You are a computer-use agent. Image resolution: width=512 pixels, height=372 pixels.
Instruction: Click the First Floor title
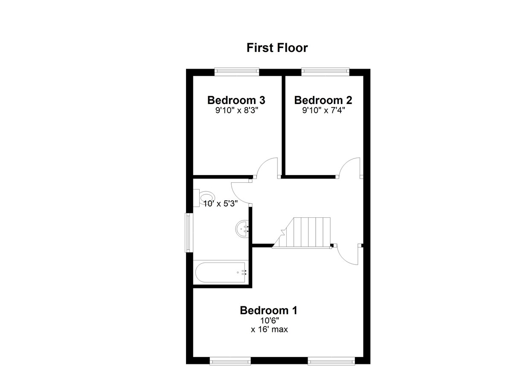coord(277,48)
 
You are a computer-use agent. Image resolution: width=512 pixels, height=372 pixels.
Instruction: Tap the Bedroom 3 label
coord(236,100)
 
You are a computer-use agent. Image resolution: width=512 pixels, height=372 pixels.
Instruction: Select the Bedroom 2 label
coord(323,100)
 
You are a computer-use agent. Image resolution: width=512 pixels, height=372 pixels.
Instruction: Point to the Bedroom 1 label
coord(268,310)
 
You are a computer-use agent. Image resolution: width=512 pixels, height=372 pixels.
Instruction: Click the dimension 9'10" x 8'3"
coord(236,110)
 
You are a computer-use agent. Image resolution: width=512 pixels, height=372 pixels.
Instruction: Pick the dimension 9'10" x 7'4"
coord(323,110)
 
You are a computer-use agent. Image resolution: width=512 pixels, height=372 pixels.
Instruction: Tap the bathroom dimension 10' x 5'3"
coord(221,203)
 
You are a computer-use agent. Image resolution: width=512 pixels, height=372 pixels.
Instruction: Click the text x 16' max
coord(269,329)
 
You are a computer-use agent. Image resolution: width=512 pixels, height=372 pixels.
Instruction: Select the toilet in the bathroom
coord(204,198)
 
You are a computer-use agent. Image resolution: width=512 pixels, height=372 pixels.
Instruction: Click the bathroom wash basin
coord(242,229)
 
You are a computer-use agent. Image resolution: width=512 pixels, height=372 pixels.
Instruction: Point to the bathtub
coord(221,272)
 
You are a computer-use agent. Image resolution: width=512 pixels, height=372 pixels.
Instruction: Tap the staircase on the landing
coord(302,233)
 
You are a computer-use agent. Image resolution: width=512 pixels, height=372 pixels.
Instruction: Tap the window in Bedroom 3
coord(237,72)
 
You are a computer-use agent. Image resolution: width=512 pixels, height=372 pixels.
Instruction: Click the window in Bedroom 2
coord(325,72)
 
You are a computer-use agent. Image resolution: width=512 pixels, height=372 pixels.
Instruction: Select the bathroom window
coord(189,233)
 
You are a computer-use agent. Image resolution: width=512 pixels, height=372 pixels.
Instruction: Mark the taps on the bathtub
coord(244,272)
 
